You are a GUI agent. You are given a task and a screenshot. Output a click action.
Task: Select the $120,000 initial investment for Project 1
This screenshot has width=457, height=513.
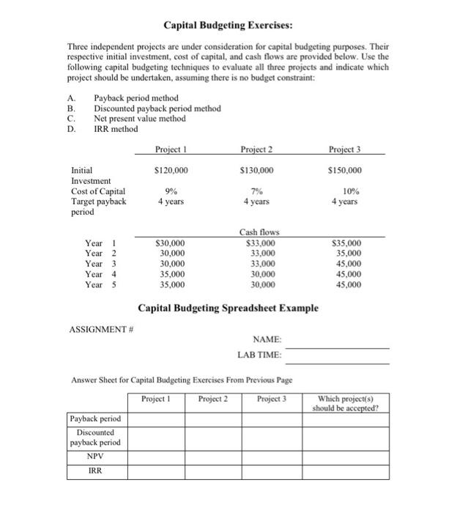tap(171, 170)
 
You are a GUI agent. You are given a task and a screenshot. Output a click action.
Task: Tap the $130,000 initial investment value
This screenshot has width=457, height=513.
tap(257, 170)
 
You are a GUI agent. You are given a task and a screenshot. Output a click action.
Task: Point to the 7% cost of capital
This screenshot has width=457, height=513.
tap(257, 192)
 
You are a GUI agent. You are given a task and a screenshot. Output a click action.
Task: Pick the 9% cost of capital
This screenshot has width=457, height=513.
tap(171, 192)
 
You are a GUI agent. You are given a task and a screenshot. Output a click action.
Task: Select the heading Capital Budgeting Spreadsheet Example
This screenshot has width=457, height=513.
tap(228, 308)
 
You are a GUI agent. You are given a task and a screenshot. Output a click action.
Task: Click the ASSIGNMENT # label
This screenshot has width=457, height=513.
tap(100, 329)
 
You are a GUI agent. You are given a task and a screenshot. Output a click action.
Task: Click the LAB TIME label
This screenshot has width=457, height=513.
tap(259, 356)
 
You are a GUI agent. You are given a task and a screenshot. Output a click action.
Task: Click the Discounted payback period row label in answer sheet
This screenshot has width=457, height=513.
tap(96, 438)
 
